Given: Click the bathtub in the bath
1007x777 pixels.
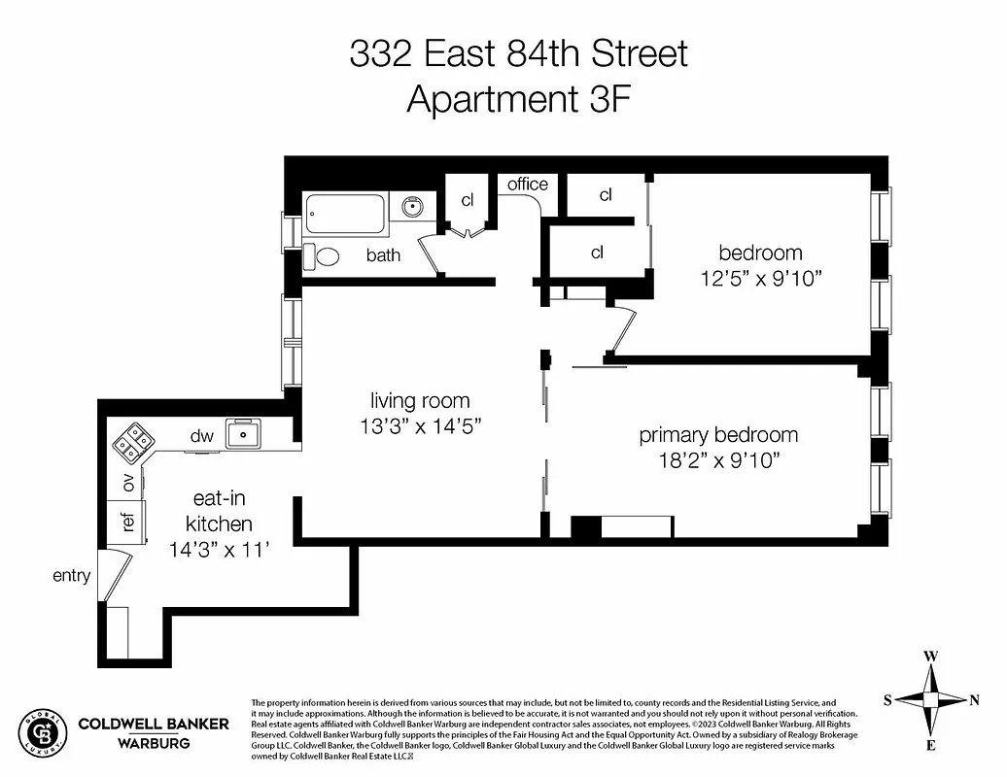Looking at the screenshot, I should (x=346, y=213).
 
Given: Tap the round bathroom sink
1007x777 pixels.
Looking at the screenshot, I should (x=413, y=206).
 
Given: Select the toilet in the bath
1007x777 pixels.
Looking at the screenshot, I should (x=323, y=256).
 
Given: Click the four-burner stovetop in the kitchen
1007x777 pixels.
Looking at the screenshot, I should (x=133, y=441).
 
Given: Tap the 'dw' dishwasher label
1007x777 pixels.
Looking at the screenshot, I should (x=201, y=436).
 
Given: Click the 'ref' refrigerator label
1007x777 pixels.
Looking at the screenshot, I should (x=127, y=522).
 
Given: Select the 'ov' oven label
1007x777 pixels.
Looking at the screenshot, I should (x=127, y=483).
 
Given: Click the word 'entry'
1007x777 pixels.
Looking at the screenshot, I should (x=71, y=576).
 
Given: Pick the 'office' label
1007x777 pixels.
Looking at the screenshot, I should (x=528, y=184).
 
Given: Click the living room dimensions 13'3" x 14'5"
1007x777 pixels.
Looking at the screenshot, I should (x=420, y=425).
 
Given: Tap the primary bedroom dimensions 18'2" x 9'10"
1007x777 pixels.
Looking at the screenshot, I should (x=718, y=459).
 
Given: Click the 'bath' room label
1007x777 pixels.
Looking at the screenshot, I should (x=383, y=255).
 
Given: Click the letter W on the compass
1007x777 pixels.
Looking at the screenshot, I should (x=930, y=657).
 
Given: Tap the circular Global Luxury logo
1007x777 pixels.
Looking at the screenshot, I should (x=43, y=733).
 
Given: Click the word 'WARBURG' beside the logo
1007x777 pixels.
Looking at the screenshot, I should (x=154, y=743).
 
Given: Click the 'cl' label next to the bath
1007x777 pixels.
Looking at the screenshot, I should (x=468, y=200).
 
